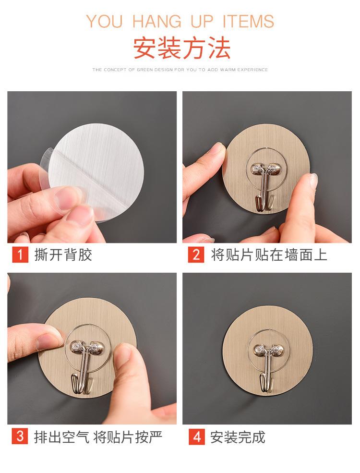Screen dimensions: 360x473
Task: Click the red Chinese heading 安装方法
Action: (x=182, y=49)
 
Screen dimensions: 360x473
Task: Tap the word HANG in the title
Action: (x=157, y=22)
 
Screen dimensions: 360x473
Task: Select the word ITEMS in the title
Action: (x=248, y=22)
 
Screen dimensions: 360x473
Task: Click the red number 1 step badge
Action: (x=20, y=255)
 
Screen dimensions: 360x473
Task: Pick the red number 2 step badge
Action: (x=196, y=255)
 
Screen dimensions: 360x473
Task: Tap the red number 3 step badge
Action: (x=20, y=436)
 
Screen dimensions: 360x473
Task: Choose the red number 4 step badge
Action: (x=197, y=437)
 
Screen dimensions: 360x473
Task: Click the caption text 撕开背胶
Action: (x=63, y=255)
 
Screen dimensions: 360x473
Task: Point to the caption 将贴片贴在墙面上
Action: (x=269, y=255)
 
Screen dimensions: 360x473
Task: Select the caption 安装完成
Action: (x=238, y=437)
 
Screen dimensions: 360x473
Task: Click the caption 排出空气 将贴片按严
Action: (x=98, y=437)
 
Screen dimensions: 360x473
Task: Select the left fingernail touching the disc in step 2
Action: (x=216, y=149)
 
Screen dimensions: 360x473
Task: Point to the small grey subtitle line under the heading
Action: (x=180, y=70)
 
